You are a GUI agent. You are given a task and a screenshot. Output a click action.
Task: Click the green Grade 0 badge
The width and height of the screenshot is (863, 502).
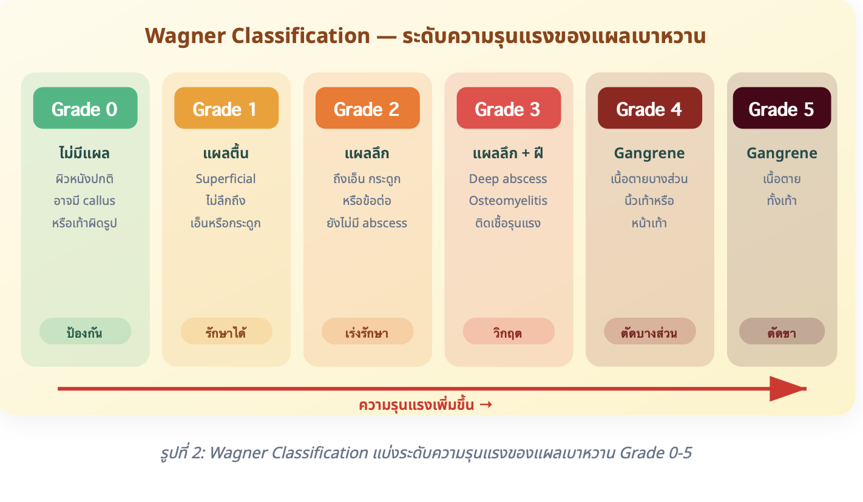pyautogui.click(x=85, y=108)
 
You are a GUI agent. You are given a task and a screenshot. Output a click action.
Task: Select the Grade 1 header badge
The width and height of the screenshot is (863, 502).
pyautogui.click(x=226, y=108)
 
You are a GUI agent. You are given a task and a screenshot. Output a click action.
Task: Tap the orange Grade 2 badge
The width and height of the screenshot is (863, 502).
pyautogui.click(x=368, y=108)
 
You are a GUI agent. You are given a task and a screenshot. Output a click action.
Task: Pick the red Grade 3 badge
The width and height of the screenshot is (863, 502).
pyautogui.click(x=509, y=108)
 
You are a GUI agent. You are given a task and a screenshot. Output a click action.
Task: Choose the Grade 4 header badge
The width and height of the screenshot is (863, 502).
pyautogui.click(x=650, y=108)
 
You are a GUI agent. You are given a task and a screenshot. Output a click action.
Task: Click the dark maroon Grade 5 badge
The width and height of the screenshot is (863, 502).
pyautogui.click(x=782, y=108)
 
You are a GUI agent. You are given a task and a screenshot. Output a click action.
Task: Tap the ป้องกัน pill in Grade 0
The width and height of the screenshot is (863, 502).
pyautogui.click(x=85, y=331)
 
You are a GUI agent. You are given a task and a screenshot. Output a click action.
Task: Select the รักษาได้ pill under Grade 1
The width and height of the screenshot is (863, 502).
pyautogui.click(x=226, y=331)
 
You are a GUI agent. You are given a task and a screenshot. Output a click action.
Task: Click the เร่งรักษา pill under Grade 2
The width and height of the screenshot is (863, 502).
pyautogui.click(x=368, y=331)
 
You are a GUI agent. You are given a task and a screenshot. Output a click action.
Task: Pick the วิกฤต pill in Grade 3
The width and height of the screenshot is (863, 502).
pyautogui.click(x=509, y=331)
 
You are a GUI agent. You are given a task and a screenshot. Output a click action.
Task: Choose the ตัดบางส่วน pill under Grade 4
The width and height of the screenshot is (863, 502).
pyautogui.click(x=650, y=331)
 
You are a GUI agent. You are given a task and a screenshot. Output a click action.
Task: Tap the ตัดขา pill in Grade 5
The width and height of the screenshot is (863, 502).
pyautogui.click(x=782, y=331)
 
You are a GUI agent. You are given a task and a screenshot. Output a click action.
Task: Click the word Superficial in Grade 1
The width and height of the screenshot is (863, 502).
pyautogui.click(x=225, y=179)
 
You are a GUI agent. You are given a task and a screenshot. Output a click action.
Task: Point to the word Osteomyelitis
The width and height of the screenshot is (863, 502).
pyautogui.click(x=508, y=201)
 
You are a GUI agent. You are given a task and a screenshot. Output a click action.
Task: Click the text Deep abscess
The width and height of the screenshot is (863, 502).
pyautogui.click(x=508, y=179)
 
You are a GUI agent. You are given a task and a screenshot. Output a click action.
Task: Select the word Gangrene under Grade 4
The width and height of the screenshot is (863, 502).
pyautogui.click(x=649, y=153)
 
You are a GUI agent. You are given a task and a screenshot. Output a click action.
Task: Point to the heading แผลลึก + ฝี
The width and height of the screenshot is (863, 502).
pyautogui.click(x=508, y=153)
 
